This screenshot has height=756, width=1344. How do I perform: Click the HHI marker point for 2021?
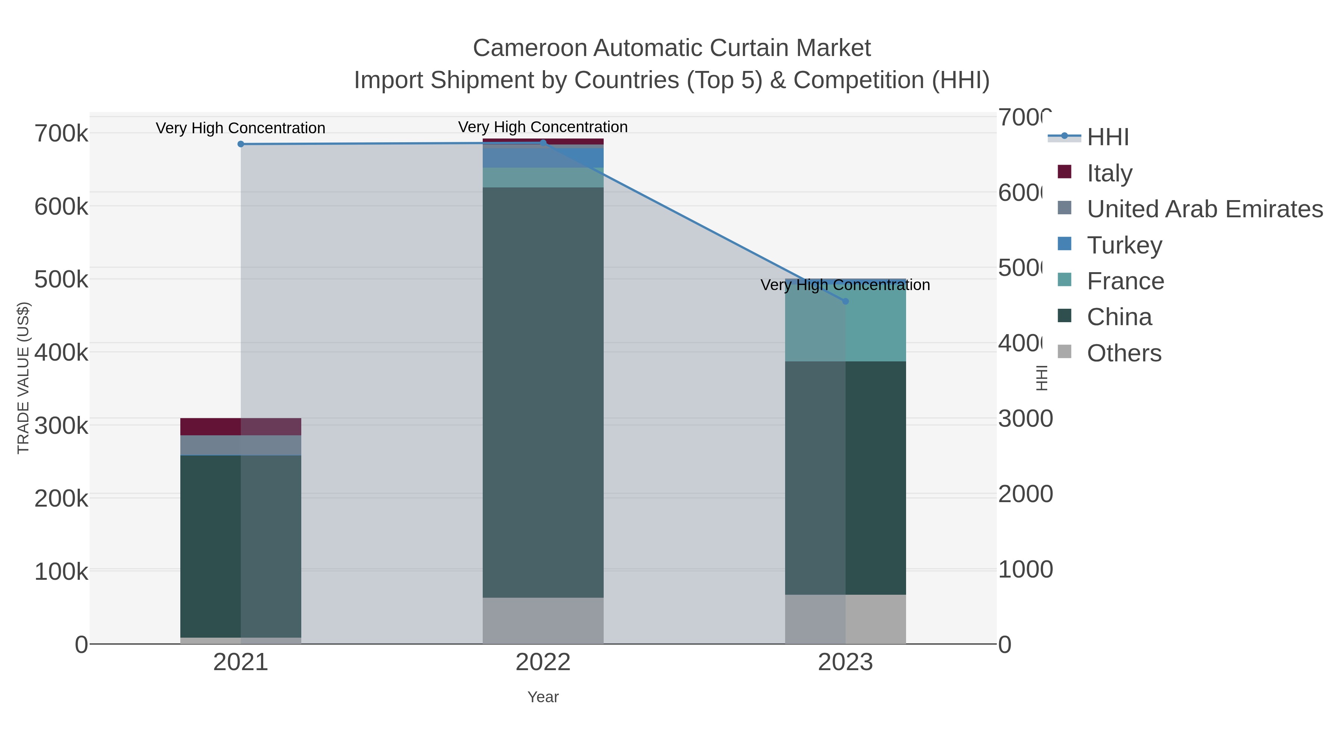(240, 144)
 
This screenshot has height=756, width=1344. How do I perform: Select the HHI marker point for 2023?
(846, 301)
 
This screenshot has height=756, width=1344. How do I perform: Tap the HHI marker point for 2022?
(543, 143)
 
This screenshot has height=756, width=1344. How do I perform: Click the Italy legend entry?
(1110, 173)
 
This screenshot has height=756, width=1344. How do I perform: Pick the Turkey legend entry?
(1124, 245)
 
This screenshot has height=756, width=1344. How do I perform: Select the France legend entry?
(1125, 281)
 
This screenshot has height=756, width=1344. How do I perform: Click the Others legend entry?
(1124, 353)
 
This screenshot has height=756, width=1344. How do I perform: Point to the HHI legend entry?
(1108, 137)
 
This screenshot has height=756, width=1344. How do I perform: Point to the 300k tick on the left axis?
(62, 426)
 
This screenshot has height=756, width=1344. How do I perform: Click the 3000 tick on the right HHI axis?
(1025, 419)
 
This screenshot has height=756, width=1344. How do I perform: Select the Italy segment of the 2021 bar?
(240, 427)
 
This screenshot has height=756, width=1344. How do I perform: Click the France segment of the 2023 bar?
(846, 323)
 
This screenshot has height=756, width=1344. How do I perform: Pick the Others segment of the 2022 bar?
(543, 620)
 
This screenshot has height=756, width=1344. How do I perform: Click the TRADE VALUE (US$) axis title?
(24, 378)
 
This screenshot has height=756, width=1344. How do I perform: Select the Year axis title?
(543, 697)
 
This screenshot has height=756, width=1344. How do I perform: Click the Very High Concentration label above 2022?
(543, 127)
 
